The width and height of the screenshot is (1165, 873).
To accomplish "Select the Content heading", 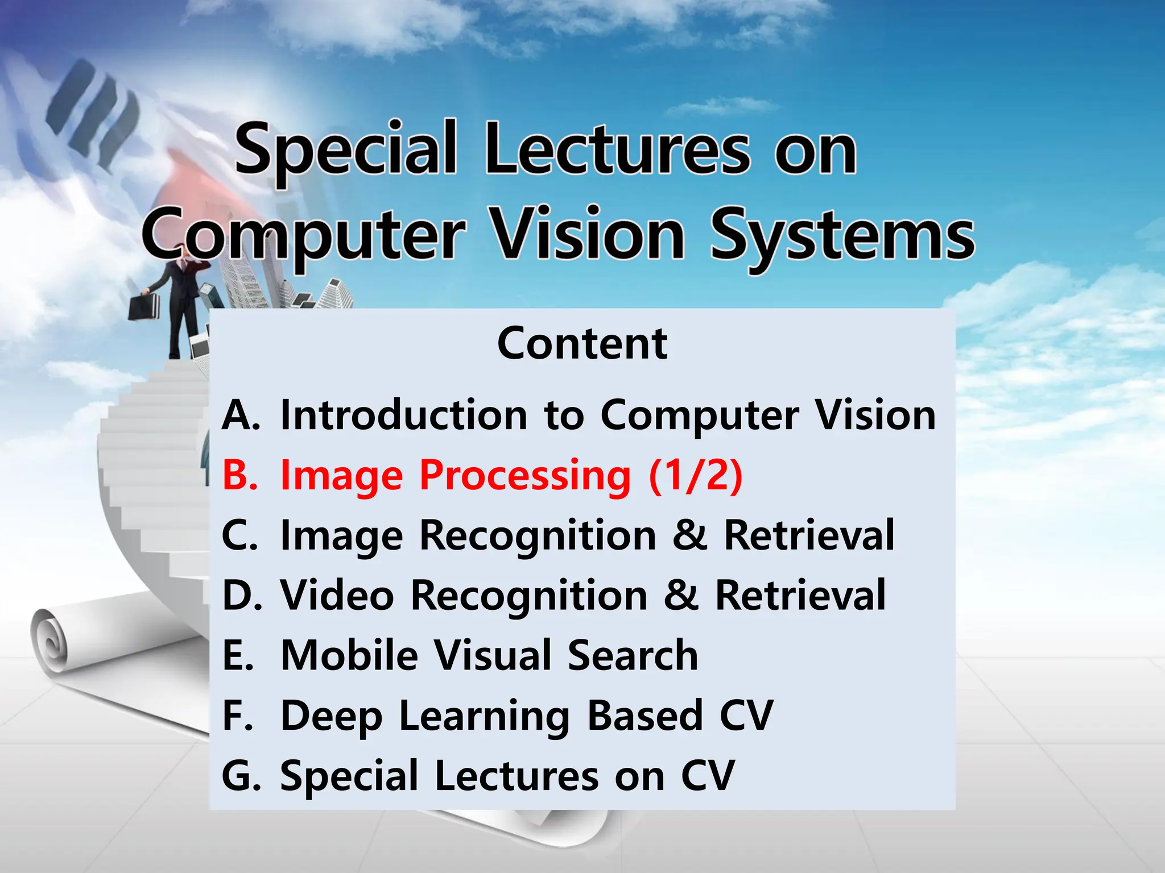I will pyautogui.click(x=582, y=344).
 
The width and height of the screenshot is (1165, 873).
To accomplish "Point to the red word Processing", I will pyautogui.click(x=525, y=476).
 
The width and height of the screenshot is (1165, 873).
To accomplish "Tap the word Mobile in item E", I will pyautogui.click(x=349, y=655).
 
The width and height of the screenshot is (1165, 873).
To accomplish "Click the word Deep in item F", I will pyautogui.click(x=331, y=716).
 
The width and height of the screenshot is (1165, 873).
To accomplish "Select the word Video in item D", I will pyautogui.click(x=337, y=596).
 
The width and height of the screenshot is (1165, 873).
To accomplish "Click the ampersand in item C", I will pyautogui.click(x=690, y=535).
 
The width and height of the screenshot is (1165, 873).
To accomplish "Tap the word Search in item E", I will pyautogui.click(x=633, y=655).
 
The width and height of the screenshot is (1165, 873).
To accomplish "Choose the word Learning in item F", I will pyautogui.click(x=484, y=716).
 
